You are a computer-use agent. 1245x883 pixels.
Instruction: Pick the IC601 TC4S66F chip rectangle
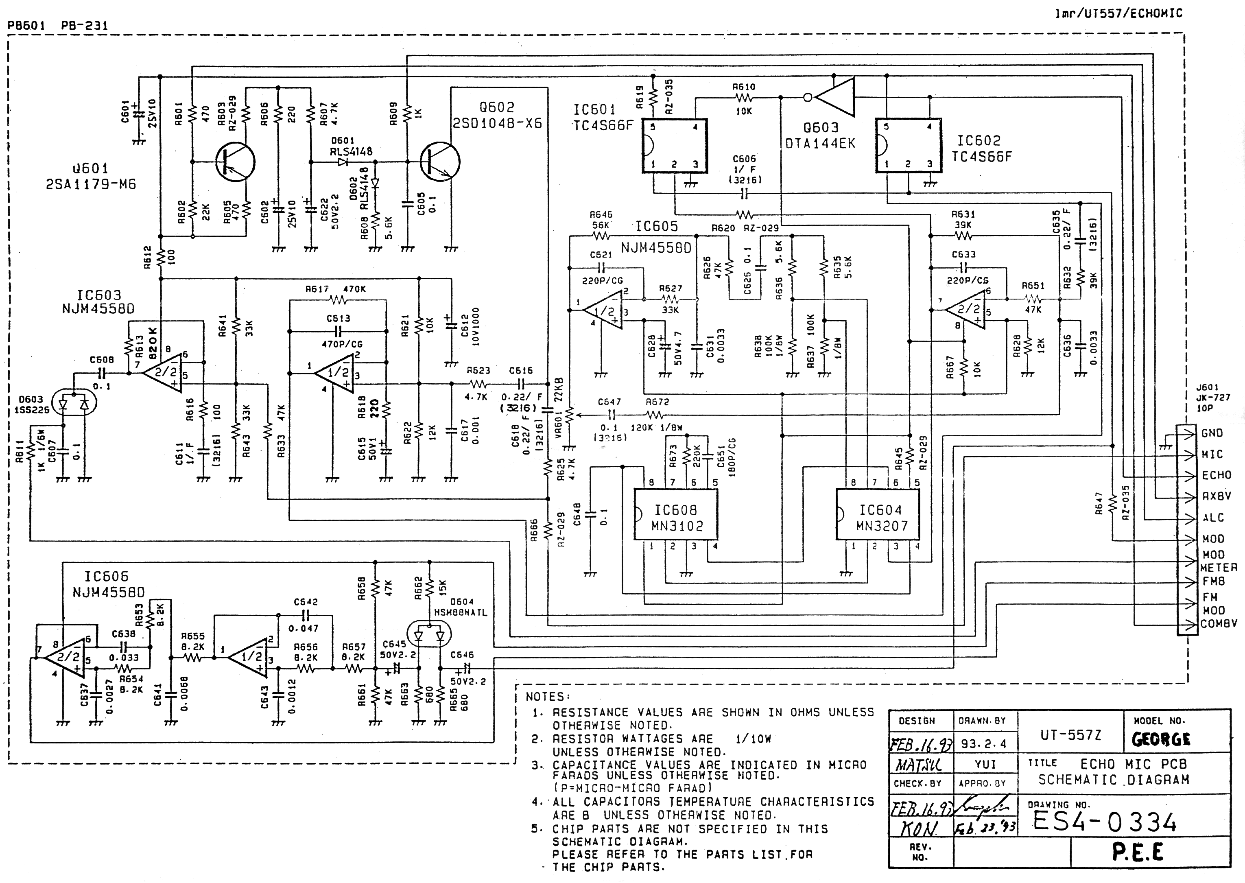[x=674, y=146]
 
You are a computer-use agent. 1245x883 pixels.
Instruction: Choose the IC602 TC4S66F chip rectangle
[x=908, y=145]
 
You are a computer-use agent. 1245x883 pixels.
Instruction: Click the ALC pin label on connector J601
[x=1213, y=518]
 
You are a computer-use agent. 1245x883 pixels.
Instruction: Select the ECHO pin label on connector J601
[x=1216, y=475]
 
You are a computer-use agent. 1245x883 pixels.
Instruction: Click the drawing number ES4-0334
[x=1104, y=822]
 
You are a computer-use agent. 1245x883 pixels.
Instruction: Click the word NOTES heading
[x=548, y=697]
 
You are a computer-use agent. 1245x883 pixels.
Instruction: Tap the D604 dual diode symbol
[x=429, y=636]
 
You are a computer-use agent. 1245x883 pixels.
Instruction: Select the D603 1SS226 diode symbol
[x=73, y=404]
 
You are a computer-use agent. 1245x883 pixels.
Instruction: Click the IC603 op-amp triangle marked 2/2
[x=162, y=372]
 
